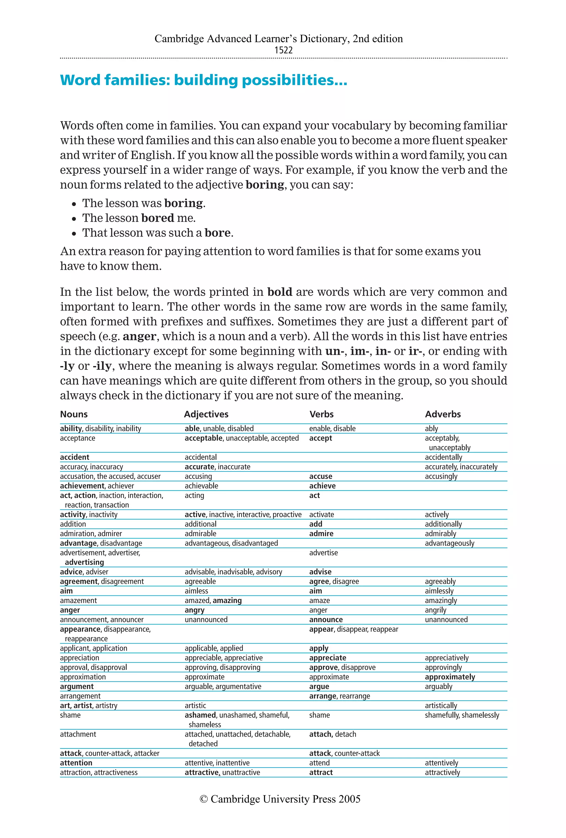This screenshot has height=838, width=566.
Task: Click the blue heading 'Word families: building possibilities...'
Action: click(203, 80)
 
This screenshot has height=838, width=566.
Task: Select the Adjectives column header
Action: click(206, 414)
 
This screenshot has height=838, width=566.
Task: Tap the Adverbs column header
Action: click(443, 414)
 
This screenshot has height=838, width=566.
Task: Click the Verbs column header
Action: click(321, 414)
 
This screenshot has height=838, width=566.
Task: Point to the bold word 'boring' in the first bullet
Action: click(183, 203)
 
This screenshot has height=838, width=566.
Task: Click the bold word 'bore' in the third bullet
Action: click(217, 233)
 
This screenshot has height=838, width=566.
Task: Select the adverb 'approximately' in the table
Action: click(449, 677)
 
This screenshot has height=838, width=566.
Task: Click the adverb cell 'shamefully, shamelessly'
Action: click(462, 715)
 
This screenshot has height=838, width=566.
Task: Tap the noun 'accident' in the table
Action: click(75, 457)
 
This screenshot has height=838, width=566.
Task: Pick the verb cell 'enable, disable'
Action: click(332, 428)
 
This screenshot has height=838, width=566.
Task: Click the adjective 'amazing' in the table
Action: click(227, 600)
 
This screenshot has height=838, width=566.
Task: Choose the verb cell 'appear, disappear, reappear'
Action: click(353, 629)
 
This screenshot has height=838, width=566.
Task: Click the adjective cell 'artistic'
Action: click(195, 705)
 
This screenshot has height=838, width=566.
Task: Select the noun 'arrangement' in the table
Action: click(80, 696)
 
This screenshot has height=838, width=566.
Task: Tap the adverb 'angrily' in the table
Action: click(435, 610)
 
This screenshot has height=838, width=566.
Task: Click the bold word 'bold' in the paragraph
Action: click(280, 292)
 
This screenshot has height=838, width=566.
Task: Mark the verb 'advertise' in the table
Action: click(323, 552)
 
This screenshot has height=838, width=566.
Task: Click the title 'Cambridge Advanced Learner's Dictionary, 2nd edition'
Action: click(279, 39)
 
